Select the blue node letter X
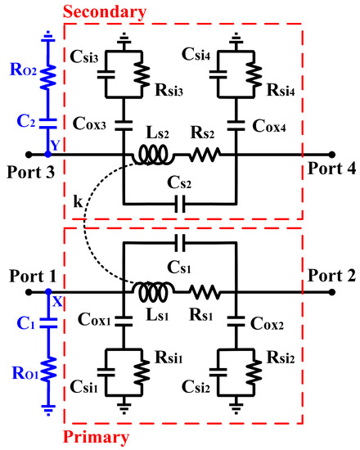point(57,300)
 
